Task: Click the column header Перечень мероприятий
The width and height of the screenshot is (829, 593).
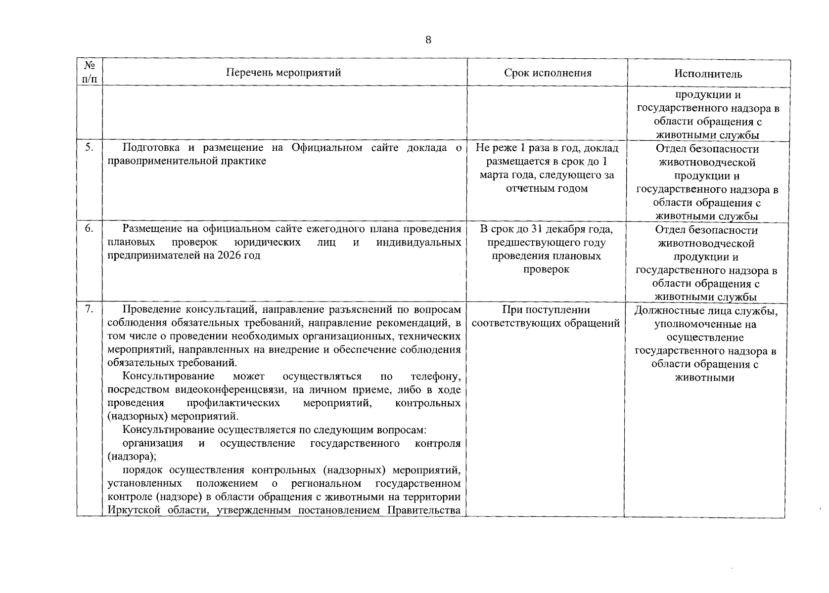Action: click(283, 73)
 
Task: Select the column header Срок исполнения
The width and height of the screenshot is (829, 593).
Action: click(548, 73)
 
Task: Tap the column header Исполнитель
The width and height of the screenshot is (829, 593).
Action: click(708, 74)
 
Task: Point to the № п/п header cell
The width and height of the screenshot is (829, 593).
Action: click(90, 72)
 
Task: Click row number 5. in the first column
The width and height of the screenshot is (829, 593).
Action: click(89, 147)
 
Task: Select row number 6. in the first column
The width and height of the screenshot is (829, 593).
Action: click(89, 228)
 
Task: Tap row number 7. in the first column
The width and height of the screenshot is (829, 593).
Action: click(89, 309)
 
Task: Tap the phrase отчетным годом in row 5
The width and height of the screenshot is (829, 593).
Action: click(547, 188)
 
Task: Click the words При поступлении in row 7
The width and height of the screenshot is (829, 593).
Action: click(546, 310)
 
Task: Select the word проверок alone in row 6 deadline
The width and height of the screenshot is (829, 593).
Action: click(546, 269)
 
